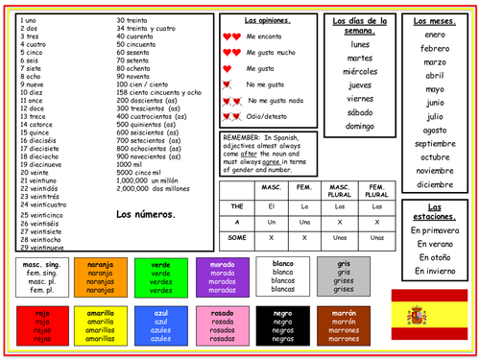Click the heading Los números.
click(145, 214)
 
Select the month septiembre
click(435, 143)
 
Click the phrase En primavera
click(435, 230)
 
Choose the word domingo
click(360, 126)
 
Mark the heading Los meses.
click(435, 20)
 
